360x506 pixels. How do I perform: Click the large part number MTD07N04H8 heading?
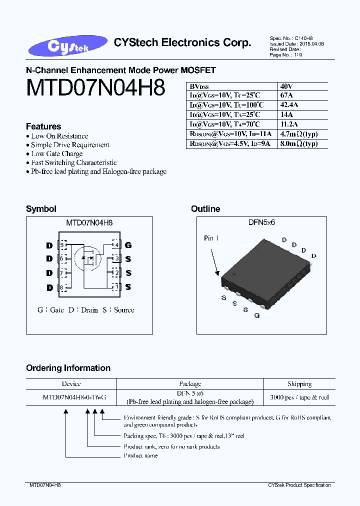coord(95,88)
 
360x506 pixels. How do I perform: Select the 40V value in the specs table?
coord(286,85)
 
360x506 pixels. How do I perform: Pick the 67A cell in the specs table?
coord(286,95)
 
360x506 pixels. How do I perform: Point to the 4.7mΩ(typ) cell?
coord(299,134)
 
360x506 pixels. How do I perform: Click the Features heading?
coord(43,126)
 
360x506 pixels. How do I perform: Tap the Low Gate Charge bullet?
coord(56,154)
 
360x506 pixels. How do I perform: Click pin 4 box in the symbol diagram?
coord(116,244)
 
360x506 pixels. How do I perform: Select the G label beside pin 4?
coord(128,245)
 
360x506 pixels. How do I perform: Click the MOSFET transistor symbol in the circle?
coord(88,258)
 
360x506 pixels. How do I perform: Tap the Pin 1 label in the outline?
coord(211,238)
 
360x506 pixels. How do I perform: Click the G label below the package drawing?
coord(256,315)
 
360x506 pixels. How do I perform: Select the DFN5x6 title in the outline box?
coord(261,222)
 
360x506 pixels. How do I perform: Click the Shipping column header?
coord(299,384)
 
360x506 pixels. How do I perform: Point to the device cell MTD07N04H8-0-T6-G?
coord(74,397)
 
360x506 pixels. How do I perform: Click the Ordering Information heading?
coord(68,368)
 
